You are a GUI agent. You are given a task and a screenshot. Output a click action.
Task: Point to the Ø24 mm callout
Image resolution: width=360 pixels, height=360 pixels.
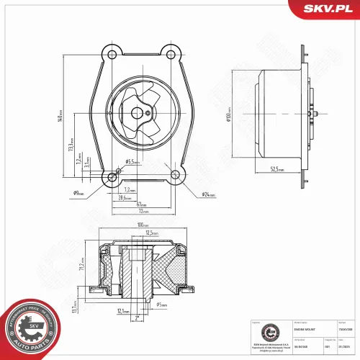(x=210, y=194)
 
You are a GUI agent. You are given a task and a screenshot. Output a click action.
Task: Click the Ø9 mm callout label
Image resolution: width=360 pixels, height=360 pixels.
(x=79, y=193)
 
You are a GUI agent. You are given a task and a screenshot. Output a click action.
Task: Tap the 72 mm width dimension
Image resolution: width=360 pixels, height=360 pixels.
(x=144, y=212)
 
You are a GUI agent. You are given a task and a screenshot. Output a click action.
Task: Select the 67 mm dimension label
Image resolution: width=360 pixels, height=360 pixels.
(x=143, y=204)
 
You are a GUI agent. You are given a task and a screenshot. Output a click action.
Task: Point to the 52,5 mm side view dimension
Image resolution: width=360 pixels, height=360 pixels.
(x=277, y=171)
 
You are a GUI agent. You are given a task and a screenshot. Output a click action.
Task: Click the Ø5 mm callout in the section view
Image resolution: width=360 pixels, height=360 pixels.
(x=163, y=305)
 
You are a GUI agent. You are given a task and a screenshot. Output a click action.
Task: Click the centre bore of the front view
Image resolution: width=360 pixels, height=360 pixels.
(x=138, y=113)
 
